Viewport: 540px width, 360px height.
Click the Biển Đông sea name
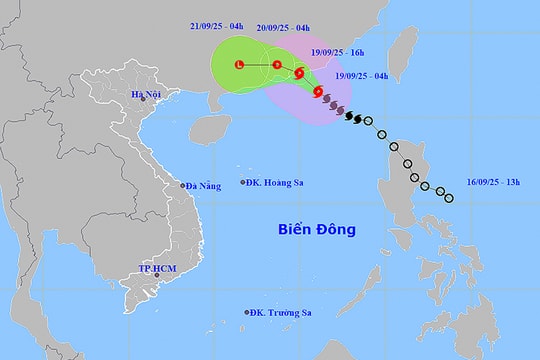pyautogui.click(x=316, y=230)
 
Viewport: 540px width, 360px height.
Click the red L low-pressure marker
pyautogui.click(x=238, y=65)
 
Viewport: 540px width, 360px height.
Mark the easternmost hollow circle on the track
pyautogui.click(x=447, y=196)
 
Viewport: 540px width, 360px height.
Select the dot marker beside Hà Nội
pyautogui.click(x=144, y=97)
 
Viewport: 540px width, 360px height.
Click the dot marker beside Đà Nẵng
pyautogui.click(x=182, y=185)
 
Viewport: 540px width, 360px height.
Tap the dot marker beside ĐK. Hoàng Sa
pyautogui.click(x=243, y=182)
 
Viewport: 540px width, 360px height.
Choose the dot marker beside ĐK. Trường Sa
pyautogui.click(x=247, y=312)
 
